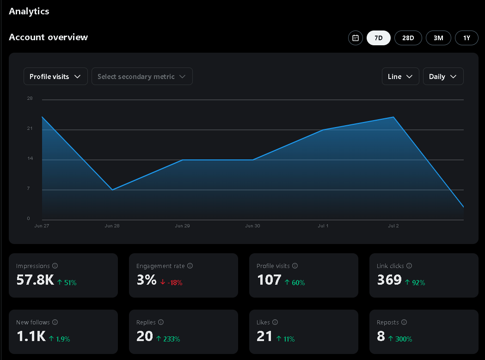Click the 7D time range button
click(378, 38)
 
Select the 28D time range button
click(408, 38)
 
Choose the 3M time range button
click(438, 38)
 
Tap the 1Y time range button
click(467, 38)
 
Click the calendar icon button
click(355, 38)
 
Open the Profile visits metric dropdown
click(55, 77)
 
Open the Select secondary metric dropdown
click(142, 77)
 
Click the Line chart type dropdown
click(400, 77)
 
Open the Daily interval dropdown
click(443, 77)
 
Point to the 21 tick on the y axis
click(30, 128)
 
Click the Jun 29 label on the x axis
click(182, 226)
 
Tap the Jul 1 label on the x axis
click(323, 226)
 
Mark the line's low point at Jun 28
click(112, 190)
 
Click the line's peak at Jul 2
click(393, 117)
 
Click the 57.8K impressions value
click(35, 280)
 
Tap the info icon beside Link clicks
click(409, 266)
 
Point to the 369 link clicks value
click(389, 280)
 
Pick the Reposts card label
click(387, 322)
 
